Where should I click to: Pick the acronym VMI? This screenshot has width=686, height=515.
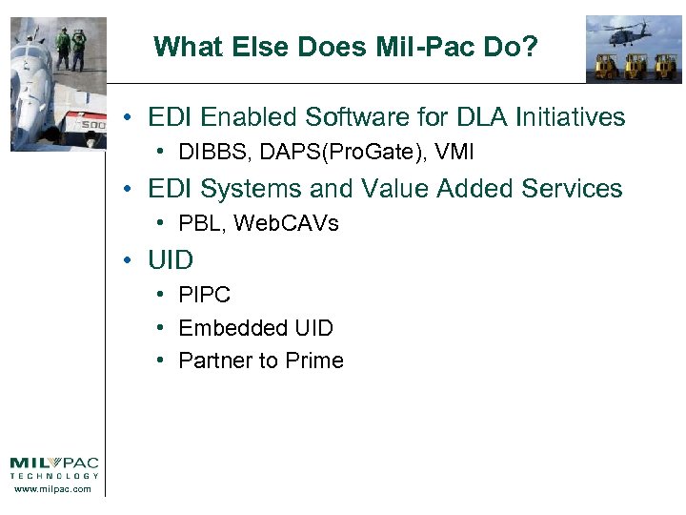click(454, 153)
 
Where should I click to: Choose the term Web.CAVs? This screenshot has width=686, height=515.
click(286, 224)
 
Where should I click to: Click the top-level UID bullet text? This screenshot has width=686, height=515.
click(171, 260)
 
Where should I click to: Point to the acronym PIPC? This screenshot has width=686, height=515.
click(205, 296)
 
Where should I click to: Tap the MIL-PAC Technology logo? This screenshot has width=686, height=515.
click(54, 468)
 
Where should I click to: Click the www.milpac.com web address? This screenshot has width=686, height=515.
click(54, 489)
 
